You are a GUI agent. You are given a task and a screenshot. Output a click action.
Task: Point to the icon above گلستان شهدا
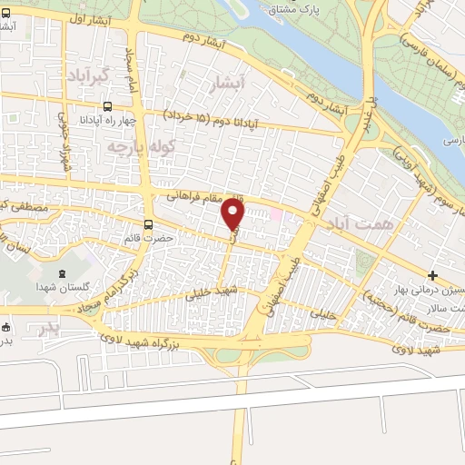(x=62, y=273)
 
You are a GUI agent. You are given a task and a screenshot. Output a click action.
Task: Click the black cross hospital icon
(x=432, y=275)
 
